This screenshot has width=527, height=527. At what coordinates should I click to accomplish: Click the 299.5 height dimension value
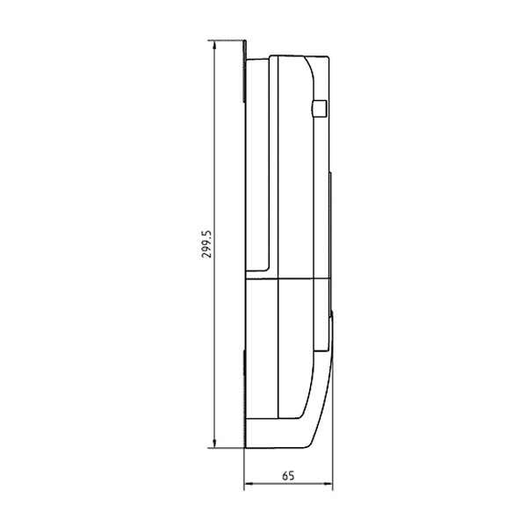[x=207, y=244]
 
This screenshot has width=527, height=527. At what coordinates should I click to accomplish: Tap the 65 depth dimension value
[x=288, y=476]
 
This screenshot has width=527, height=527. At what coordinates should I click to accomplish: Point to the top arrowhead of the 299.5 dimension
[x=214, y=46]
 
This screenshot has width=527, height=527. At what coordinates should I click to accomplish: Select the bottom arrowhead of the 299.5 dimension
[x=214, y=443]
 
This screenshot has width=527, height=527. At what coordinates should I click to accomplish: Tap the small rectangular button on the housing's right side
[x=320, y=108]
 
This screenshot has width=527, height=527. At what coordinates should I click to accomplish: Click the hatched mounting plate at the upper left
[x=245, y=71]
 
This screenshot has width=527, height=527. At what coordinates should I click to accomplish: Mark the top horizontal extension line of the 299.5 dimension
[x=226, y=40]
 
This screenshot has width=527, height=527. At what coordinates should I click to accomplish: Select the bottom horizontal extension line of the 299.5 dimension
[x=226, y=448]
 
